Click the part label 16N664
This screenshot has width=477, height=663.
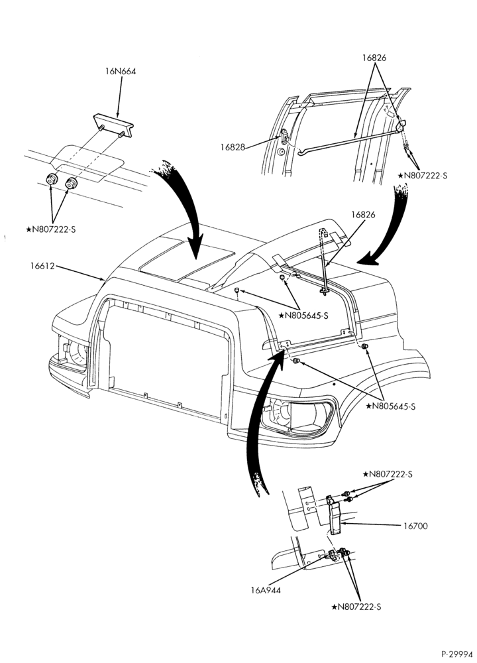point(121,72)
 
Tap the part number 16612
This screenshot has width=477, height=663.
point(42,267)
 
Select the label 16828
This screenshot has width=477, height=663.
point(233,147)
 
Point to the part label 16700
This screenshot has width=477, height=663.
point(415,526)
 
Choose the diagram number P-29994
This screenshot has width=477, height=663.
point(458,654)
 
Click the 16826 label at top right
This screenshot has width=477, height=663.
point(374,58)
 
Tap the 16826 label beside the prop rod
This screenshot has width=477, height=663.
point(363,214)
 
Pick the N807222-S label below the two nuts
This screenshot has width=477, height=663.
point(51,229)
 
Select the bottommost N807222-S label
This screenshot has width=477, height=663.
point(356,607)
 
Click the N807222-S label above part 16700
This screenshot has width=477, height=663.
point(388,475)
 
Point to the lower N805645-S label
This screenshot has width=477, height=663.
point(391,406)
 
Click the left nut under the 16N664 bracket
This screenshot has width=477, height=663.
point(52,179)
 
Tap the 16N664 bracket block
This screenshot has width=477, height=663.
point(113,125)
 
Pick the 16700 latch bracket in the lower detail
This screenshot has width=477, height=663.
point(335,515)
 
